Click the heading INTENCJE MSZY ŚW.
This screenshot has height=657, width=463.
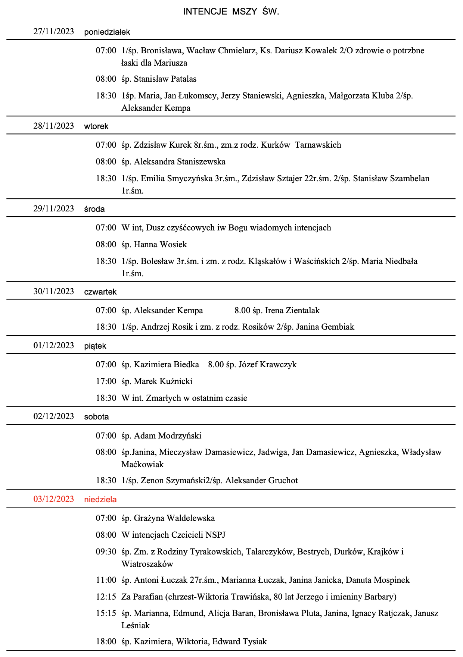tap(231, 12)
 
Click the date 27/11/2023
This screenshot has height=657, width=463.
tap(54, 31)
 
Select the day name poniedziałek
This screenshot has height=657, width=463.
tap(107, 32)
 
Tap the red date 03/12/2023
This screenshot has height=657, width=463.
tap(54, 499)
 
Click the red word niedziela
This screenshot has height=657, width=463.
tap(100, 499)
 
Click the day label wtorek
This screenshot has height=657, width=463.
tap(96, 126)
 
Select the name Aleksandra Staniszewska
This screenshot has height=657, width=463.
tap(180, 161)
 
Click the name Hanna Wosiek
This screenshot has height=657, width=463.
tap(160, 244)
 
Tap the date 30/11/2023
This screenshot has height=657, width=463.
tap(54, 291)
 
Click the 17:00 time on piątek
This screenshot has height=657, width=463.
tap(106, 381)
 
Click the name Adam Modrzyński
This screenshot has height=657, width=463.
tap(168, 436)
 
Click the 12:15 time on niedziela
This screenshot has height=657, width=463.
tap(106, 597)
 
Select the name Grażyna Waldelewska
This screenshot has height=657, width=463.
tap(174, 518)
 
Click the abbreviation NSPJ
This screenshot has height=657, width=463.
tap(215, 535)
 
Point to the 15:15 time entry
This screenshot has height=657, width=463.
tap(106, 613)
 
